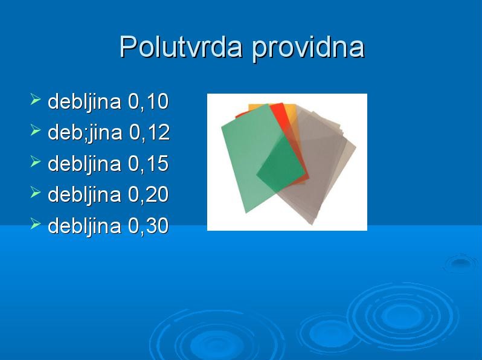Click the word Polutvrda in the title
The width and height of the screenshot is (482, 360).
coord(181,47)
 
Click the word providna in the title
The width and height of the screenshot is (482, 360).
coord(308,48)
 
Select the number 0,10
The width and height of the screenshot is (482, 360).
coord(148,101)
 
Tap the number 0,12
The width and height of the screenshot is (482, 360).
coord(149,132)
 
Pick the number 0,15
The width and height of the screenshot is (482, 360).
coord(148,164)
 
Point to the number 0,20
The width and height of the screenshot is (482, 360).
coord(148,194)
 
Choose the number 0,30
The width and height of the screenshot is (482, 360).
coord(148,226)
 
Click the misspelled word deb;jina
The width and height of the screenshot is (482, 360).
coord(85,133)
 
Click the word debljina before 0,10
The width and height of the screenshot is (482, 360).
coord(85,102)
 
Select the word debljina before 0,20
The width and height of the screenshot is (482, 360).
coord(85,195)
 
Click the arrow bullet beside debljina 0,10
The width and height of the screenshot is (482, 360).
coord(36,100)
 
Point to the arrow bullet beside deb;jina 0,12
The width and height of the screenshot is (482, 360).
coord(36,130)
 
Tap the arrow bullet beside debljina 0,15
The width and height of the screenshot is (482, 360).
coord(36,162)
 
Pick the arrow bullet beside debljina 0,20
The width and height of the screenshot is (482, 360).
coord(36,193)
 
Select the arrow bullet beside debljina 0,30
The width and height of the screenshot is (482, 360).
coord(36,224)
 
